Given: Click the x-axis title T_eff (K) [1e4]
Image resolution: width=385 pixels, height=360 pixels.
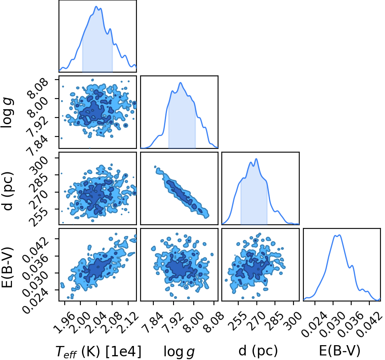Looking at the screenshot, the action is [99, 352].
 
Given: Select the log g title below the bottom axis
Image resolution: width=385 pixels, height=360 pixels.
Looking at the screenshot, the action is [179, 352].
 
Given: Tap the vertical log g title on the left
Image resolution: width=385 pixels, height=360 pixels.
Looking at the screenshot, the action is [7, 113].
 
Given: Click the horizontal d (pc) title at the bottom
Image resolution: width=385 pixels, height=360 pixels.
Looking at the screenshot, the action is [258, 351].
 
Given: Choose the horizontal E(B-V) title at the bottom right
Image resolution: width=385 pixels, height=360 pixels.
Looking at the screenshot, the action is [340, 351].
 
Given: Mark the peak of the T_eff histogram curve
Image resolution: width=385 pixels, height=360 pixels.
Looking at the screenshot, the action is [96, 6].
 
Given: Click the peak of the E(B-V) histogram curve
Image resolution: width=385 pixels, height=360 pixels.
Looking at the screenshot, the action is [340, 235].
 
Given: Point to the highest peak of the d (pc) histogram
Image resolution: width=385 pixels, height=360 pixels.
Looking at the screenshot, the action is [256, 159].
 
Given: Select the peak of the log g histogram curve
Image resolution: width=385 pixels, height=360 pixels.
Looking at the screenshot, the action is [181, 82].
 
